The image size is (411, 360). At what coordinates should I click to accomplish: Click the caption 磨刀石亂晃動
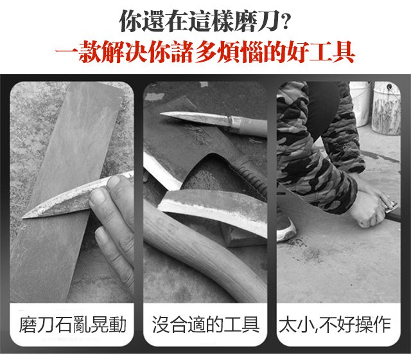73,325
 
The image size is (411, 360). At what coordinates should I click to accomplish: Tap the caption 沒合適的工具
205,325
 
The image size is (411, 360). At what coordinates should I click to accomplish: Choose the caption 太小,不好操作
335,325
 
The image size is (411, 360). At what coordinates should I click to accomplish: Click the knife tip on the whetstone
23,217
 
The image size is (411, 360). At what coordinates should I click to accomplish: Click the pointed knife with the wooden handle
213,123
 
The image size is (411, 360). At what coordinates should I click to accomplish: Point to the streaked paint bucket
386,108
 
